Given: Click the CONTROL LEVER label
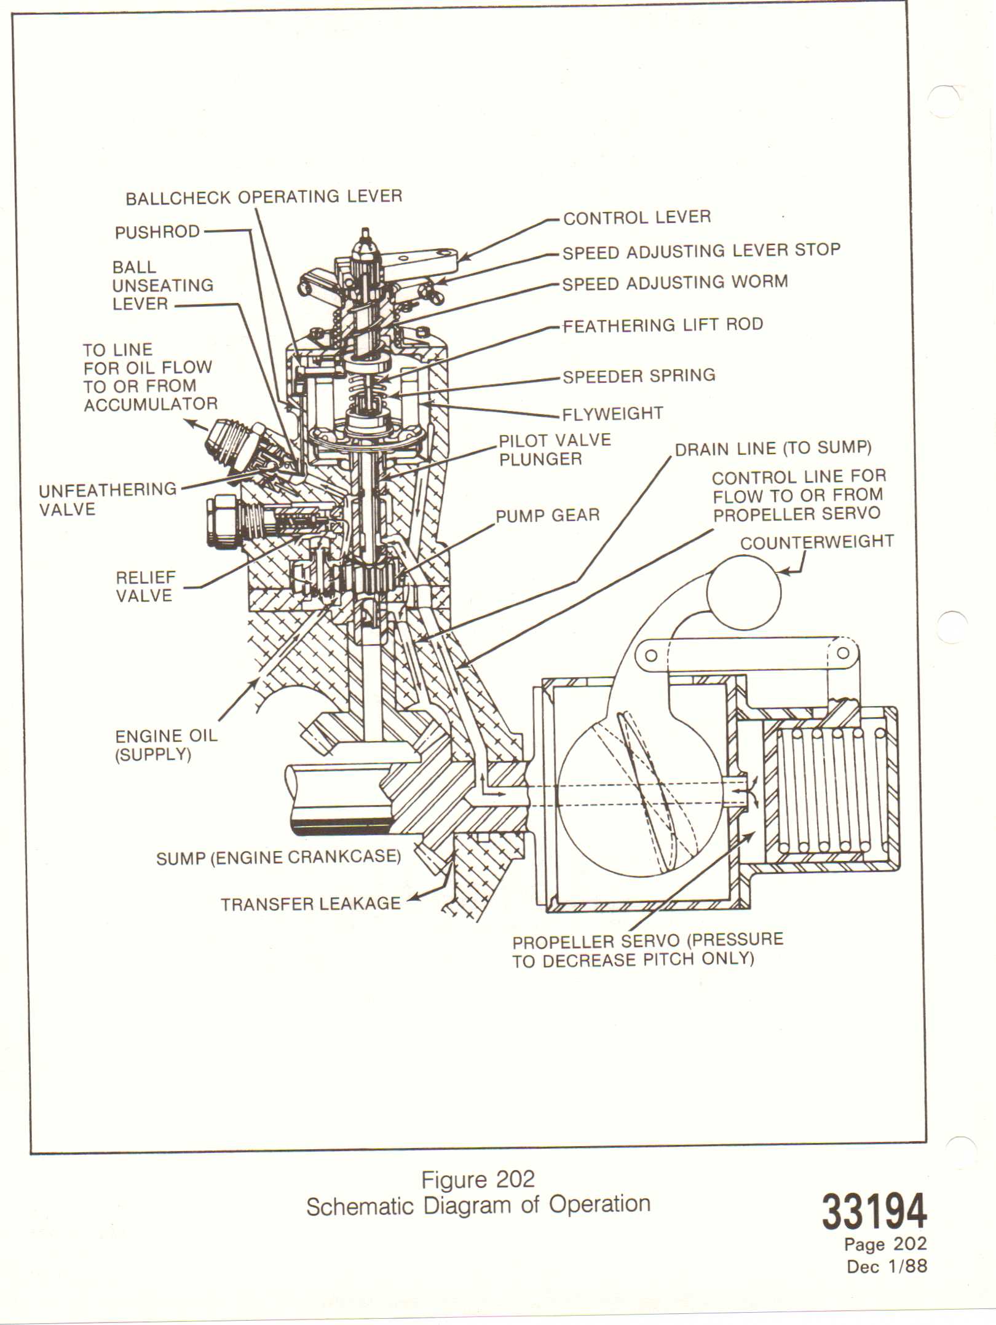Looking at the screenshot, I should [637, 218].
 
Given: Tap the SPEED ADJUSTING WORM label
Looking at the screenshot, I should [675, 283].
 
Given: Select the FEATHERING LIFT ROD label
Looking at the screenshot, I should [663, 325].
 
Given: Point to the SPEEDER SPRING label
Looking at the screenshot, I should [639, 376].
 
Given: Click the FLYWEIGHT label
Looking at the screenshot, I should [612, 414].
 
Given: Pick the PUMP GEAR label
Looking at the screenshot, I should [547, 515].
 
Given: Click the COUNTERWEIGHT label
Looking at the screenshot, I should [816, 542].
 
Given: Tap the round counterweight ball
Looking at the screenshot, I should [744, 592].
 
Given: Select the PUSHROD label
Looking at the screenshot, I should [157, 232].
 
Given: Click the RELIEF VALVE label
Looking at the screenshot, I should [144, 586].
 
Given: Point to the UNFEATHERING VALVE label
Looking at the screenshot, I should [108, 499].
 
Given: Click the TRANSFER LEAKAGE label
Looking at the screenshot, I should [310, 903].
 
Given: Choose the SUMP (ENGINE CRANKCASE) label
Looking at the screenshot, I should [278, 857].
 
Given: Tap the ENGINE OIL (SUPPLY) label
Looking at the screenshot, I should [166, 745].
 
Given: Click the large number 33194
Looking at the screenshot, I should [874, 1211].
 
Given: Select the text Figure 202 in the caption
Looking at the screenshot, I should [478, 1179].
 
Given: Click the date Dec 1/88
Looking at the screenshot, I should [887, 1266].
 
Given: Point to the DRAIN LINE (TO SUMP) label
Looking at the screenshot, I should [773, 449].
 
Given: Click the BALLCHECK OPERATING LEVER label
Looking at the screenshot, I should [264, 197].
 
